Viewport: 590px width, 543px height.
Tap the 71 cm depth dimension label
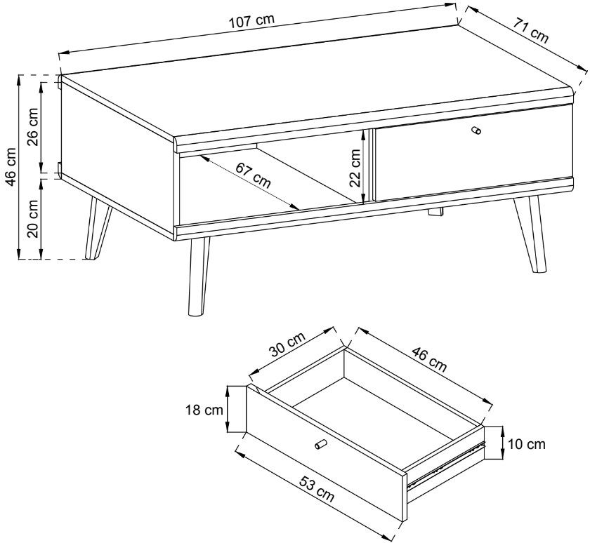[x=530, y=31]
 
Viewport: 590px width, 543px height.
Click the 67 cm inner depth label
[x=254, y=175]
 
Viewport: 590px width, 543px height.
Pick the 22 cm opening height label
[x=355, y=168]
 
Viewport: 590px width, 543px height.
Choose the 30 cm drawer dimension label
[x=288, y=345]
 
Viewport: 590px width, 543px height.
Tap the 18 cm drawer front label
[x=204, y=410]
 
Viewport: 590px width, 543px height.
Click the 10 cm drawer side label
[x=526, y=444]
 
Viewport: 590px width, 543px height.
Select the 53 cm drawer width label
[x=317, y=488]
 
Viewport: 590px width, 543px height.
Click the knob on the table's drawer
[x=476, y=130]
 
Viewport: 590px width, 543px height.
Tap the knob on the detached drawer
[x=320, y=444]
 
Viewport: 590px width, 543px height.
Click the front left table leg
[x=199, y=276]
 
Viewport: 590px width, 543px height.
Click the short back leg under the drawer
[x=435, y=212]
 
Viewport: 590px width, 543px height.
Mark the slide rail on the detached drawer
[x=446, y=466]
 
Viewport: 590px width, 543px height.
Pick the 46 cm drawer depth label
[x=429, y=360]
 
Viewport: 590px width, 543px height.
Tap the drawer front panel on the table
[x=473, y=152]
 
